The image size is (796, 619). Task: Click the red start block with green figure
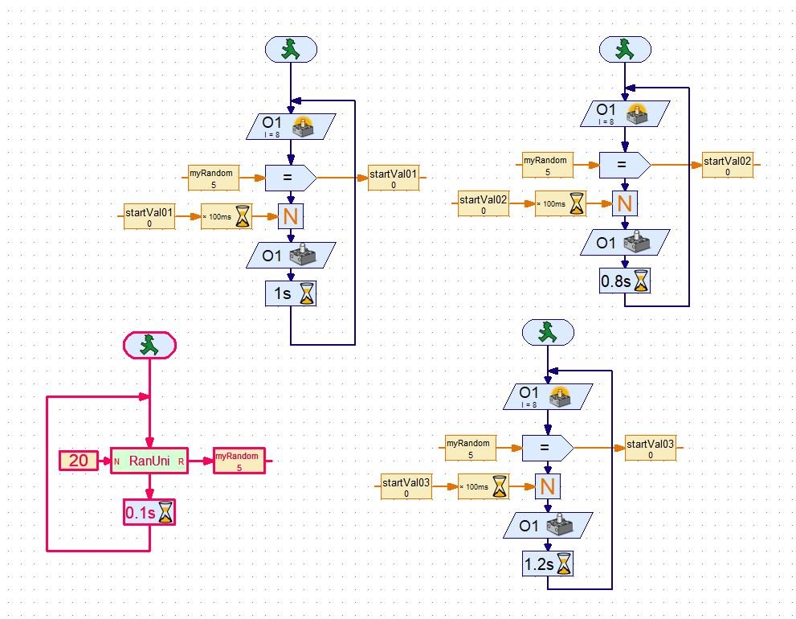click(149, 345)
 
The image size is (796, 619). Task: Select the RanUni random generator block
click(149, 461)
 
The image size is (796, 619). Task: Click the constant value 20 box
click(78, 461)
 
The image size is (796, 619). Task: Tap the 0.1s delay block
click(149, 512)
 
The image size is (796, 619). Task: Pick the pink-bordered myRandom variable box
click(239, 461)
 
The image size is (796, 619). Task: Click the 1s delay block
click(291, 293)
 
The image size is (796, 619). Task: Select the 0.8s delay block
click(625, 281)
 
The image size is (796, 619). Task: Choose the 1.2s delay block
click(548, 564)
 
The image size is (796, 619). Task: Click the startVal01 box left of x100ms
click(149, 217)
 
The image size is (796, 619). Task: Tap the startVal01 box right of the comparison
click(394, 178)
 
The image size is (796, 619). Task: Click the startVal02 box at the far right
click(728, 165)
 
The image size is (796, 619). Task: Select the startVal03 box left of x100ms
click(406, 486)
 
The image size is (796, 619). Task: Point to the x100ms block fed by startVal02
click(561, 203)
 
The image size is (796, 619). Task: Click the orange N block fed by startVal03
click(548, 486)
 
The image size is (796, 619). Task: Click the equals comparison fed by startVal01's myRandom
click(291, 178)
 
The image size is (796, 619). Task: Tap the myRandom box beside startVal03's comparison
click(471, 448)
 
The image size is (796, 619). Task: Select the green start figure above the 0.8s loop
click(625, 50)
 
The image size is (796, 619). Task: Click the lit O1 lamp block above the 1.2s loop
click(548, 396)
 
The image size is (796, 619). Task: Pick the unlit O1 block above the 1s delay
click(291, 256)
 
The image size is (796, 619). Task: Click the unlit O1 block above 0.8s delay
click(625, 242)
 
